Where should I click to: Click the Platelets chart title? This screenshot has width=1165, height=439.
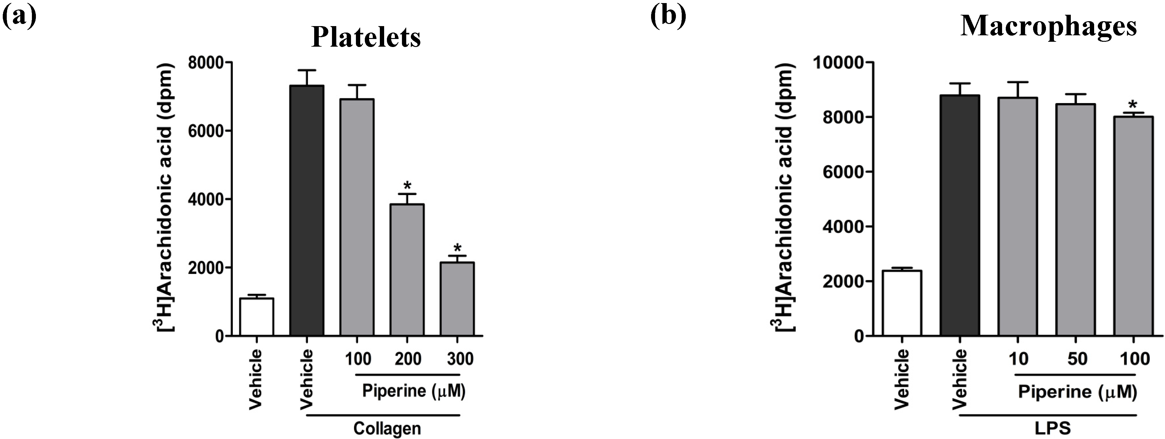tap(366, 37)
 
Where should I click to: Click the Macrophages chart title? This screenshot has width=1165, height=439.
tap(1048, 26)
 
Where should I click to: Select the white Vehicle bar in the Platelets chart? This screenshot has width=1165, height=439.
tap(257, 317)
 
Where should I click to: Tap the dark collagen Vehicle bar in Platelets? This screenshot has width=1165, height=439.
tap(307, 211)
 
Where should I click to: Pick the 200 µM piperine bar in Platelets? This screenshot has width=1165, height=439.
tap(407, 270)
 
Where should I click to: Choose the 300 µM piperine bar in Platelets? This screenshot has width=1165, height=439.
tap(457, 299)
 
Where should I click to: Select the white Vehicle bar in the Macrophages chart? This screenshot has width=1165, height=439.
tap(902, 303)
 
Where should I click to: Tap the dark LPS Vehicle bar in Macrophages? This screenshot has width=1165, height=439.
tap(960, 216)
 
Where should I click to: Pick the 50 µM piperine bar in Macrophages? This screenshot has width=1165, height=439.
tap(1075, 220)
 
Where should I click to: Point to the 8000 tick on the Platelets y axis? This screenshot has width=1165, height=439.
tap(206, 62)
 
